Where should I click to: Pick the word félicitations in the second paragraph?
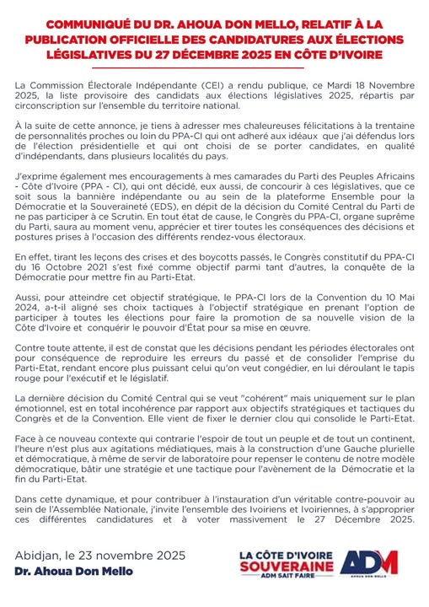click(x=289, y=122)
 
